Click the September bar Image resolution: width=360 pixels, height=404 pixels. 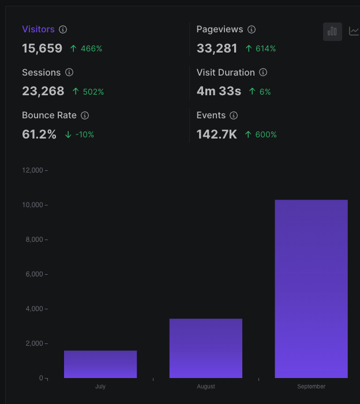(x=311, y=289)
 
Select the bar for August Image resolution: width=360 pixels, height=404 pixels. (x=206, y=349)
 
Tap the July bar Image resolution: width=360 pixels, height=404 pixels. (x=100, y=364)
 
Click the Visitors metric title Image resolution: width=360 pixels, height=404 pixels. (x=39, y=29)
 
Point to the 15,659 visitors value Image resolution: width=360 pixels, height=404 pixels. (x=42, y=48)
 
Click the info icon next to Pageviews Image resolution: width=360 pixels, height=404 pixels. (x=252, y=29)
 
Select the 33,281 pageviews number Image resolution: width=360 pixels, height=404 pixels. (x=217, y=48)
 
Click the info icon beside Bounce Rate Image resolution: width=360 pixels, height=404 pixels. (x=85, y=115)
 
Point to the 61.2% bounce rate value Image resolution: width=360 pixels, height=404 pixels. (x=39, y=134)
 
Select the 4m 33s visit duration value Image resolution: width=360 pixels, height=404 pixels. (x=219, y=91)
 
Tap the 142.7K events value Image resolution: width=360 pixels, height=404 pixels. (x=217, y=134)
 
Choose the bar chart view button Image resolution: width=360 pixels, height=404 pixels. (x=332, y=32)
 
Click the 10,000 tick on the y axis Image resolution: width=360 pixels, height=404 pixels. (x=33, y=205)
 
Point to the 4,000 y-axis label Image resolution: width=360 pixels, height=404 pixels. (x=34, y=309)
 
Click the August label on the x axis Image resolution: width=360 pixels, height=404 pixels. (x=206, y=387)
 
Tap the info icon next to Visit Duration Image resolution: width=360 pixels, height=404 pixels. (x=263, y=72)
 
